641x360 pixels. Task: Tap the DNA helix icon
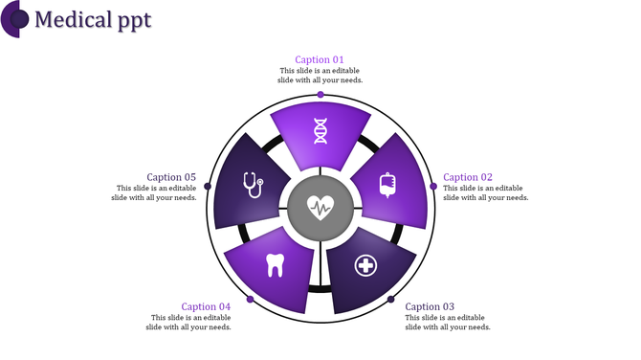(x=320, y=131)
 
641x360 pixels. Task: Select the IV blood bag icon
(x=387, y=184)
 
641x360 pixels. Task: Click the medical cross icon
(x=365, y=264)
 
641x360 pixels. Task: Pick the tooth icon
(x=275, y=263)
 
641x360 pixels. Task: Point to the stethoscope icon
(x=252, y=184)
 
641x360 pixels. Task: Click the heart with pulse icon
(x=320, y=205)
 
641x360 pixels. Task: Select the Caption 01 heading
(x=320, y=59)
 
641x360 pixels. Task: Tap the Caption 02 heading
(x=468, y=177)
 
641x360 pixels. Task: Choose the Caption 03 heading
(x=431, y=306)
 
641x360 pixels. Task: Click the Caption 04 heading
(x=206, y=306)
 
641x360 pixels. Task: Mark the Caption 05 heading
(x=171, y=177)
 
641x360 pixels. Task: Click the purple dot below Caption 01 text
(x=320, y=94)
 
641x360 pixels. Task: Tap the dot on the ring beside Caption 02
(x=432, y=186)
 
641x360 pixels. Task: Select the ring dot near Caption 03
(x=390, y=300)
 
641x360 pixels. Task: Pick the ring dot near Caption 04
(x=250, y=300)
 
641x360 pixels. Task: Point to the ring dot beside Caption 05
(x=208, y=186)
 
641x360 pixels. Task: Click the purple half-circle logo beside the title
(x=13, y=18)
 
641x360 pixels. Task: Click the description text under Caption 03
(x=448, y=323)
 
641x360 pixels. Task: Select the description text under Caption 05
(x=157, y=192)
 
